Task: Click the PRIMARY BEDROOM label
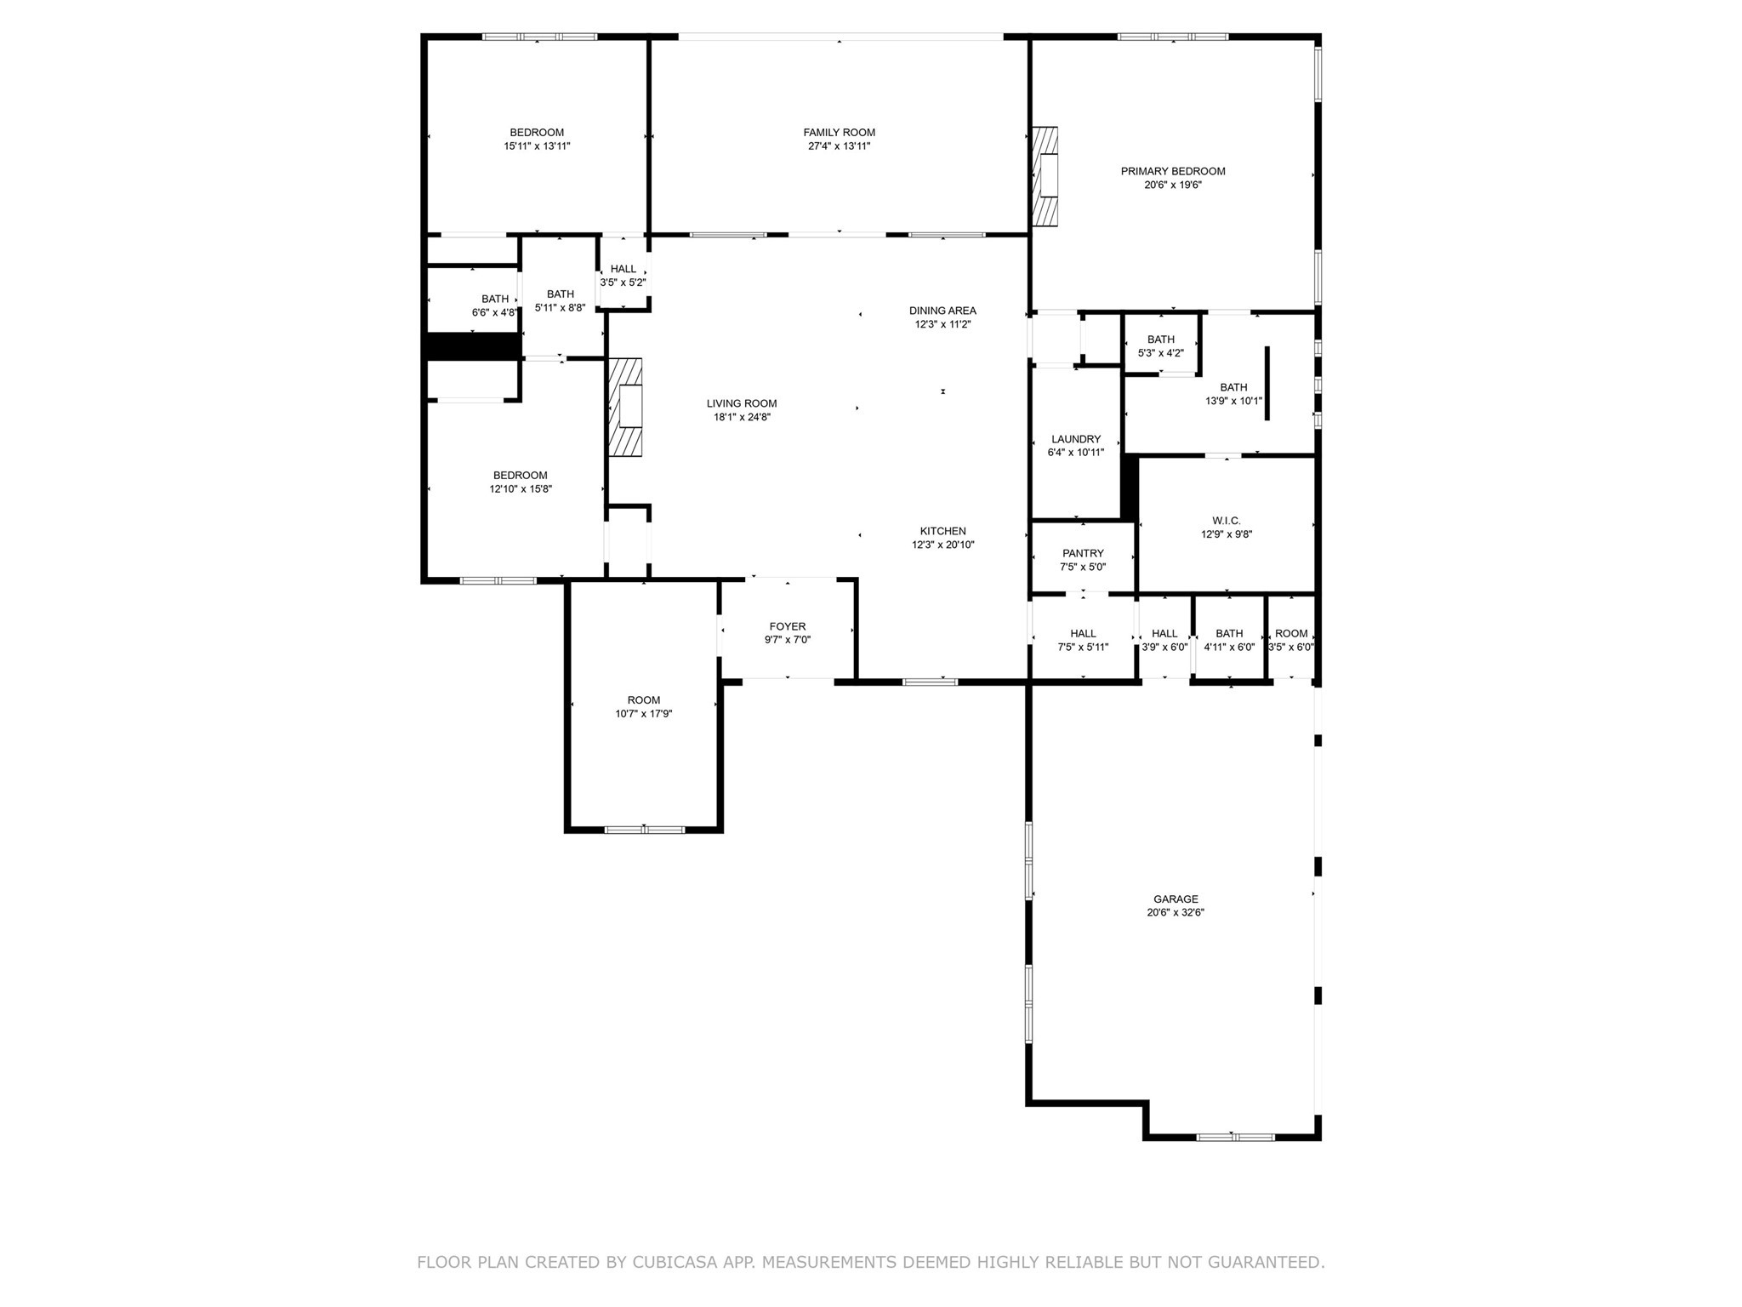[x=1173, y=171]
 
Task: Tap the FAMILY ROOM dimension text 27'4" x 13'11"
[x=839, y=146]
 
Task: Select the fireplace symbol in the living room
[x=626, y=408]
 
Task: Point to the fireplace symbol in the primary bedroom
[x=1045, y=176]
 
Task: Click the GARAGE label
[x=1176, y=899]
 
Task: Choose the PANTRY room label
[x=1083, y=553]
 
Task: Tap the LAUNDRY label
[x=1075, y=439]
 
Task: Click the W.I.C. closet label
[x=1226, y=521]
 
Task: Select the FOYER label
[x=787, y=626]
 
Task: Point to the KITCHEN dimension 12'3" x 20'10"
[x=942, y=545]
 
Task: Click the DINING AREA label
[x=942, y=311]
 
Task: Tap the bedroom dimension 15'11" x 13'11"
[x=537, y=146]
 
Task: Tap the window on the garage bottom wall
[x=1235, y=1137]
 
